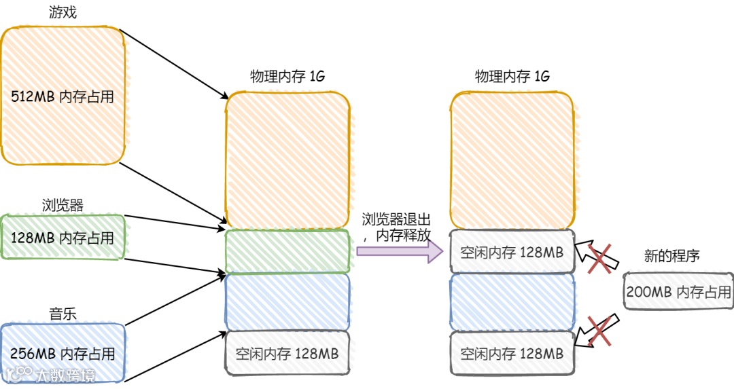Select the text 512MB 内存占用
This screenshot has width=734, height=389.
coord(63,97)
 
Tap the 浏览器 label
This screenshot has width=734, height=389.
coord(63,205)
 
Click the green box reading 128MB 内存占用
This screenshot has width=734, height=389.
coord(63,238)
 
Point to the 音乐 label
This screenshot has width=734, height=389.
coord(63,314)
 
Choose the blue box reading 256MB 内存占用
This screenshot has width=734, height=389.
coord(63,354)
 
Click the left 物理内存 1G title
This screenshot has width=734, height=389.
coord(287,77)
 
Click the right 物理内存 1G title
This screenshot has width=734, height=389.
coord(512,77)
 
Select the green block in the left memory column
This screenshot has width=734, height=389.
coord(287,251)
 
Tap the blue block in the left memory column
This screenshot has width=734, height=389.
coord(287,301)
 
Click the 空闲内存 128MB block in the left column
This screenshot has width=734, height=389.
coord(287,354)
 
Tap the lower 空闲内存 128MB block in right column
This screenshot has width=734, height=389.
coord(512,354)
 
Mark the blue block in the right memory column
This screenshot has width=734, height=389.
coord(512,302)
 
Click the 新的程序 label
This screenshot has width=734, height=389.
coord(671,256)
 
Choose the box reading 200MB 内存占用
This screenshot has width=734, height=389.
coord(678,292)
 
